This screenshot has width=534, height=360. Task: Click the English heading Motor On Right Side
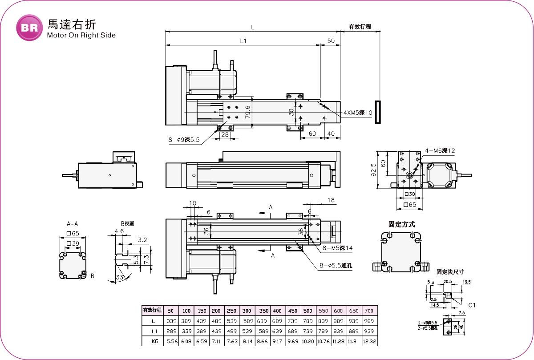[81, 36]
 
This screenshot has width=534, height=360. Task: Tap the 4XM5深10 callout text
[358, 113]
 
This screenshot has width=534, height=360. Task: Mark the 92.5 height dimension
[373, 170]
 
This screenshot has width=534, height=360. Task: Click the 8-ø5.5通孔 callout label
[336, 266]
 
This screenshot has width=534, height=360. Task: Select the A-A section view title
[72, 224]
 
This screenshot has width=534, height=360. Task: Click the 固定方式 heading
[401, 224]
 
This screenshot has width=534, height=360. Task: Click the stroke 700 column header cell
[368, 310]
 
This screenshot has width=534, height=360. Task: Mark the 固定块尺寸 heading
[450, 271]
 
